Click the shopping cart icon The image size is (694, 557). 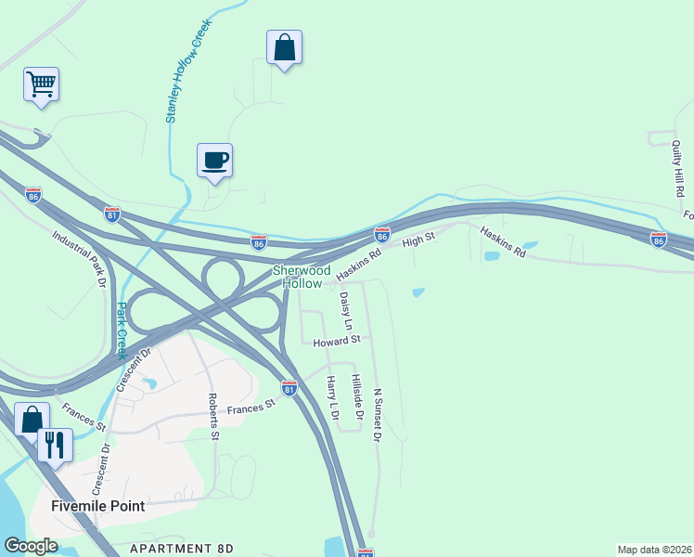(41, 84)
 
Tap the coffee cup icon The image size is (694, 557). (214, 161)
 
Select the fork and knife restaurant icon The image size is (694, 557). (54, 446)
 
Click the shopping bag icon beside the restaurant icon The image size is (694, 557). (32, 420)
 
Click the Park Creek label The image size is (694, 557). (121, 330)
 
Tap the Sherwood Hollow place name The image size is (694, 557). (301, 277)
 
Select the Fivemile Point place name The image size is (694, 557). (98, 506)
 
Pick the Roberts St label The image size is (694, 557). (213, 415)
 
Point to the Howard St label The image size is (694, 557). (335, 343)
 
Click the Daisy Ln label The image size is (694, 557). (346, 311)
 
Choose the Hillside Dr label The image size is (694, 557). (355, 397)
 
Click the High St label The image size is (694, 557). (418, 241)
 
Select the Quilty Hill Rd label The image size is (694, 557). (678, 167)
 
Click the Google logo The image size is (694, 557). (32, 546)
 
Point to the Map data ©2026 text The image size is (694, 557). (654, 550)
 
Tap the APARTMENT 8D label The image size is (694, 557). (181, 550)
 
